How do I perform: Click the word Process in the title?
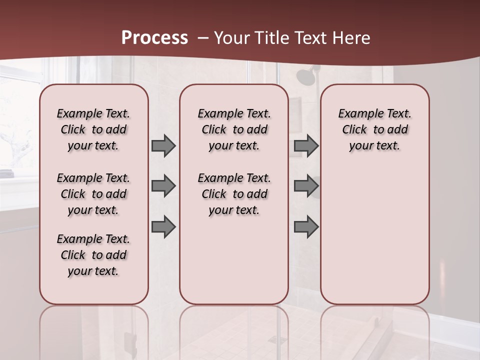click(x=154, y=37)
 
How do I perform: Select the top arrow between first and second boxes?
click(x=163, y=146)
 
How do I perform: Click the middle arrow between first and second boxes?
click(x=163, y=186)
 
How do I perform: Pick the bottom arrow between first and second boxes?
click(x=163, y=226)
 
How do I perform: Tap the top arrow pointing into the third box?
click(x=306, y=146)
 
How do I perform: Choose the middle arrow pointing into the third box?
click(x=306, y=186)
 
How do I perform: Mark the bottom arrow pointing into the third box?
click(x=306, y=226)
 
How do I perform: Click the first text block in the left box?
click(x=93, y=129)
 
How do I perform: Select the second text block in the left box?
click(x=93, y=194)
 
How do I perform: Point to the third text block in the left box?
click(x=93, y=255)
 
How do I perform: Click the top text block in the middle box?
click(x=234, y=129)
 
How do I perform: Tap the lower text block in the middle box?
click(x=234, y=194)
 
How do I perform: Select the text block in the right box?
click(x=375, y=129)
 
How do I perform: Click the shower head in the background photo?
click(x=304, y=76)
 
